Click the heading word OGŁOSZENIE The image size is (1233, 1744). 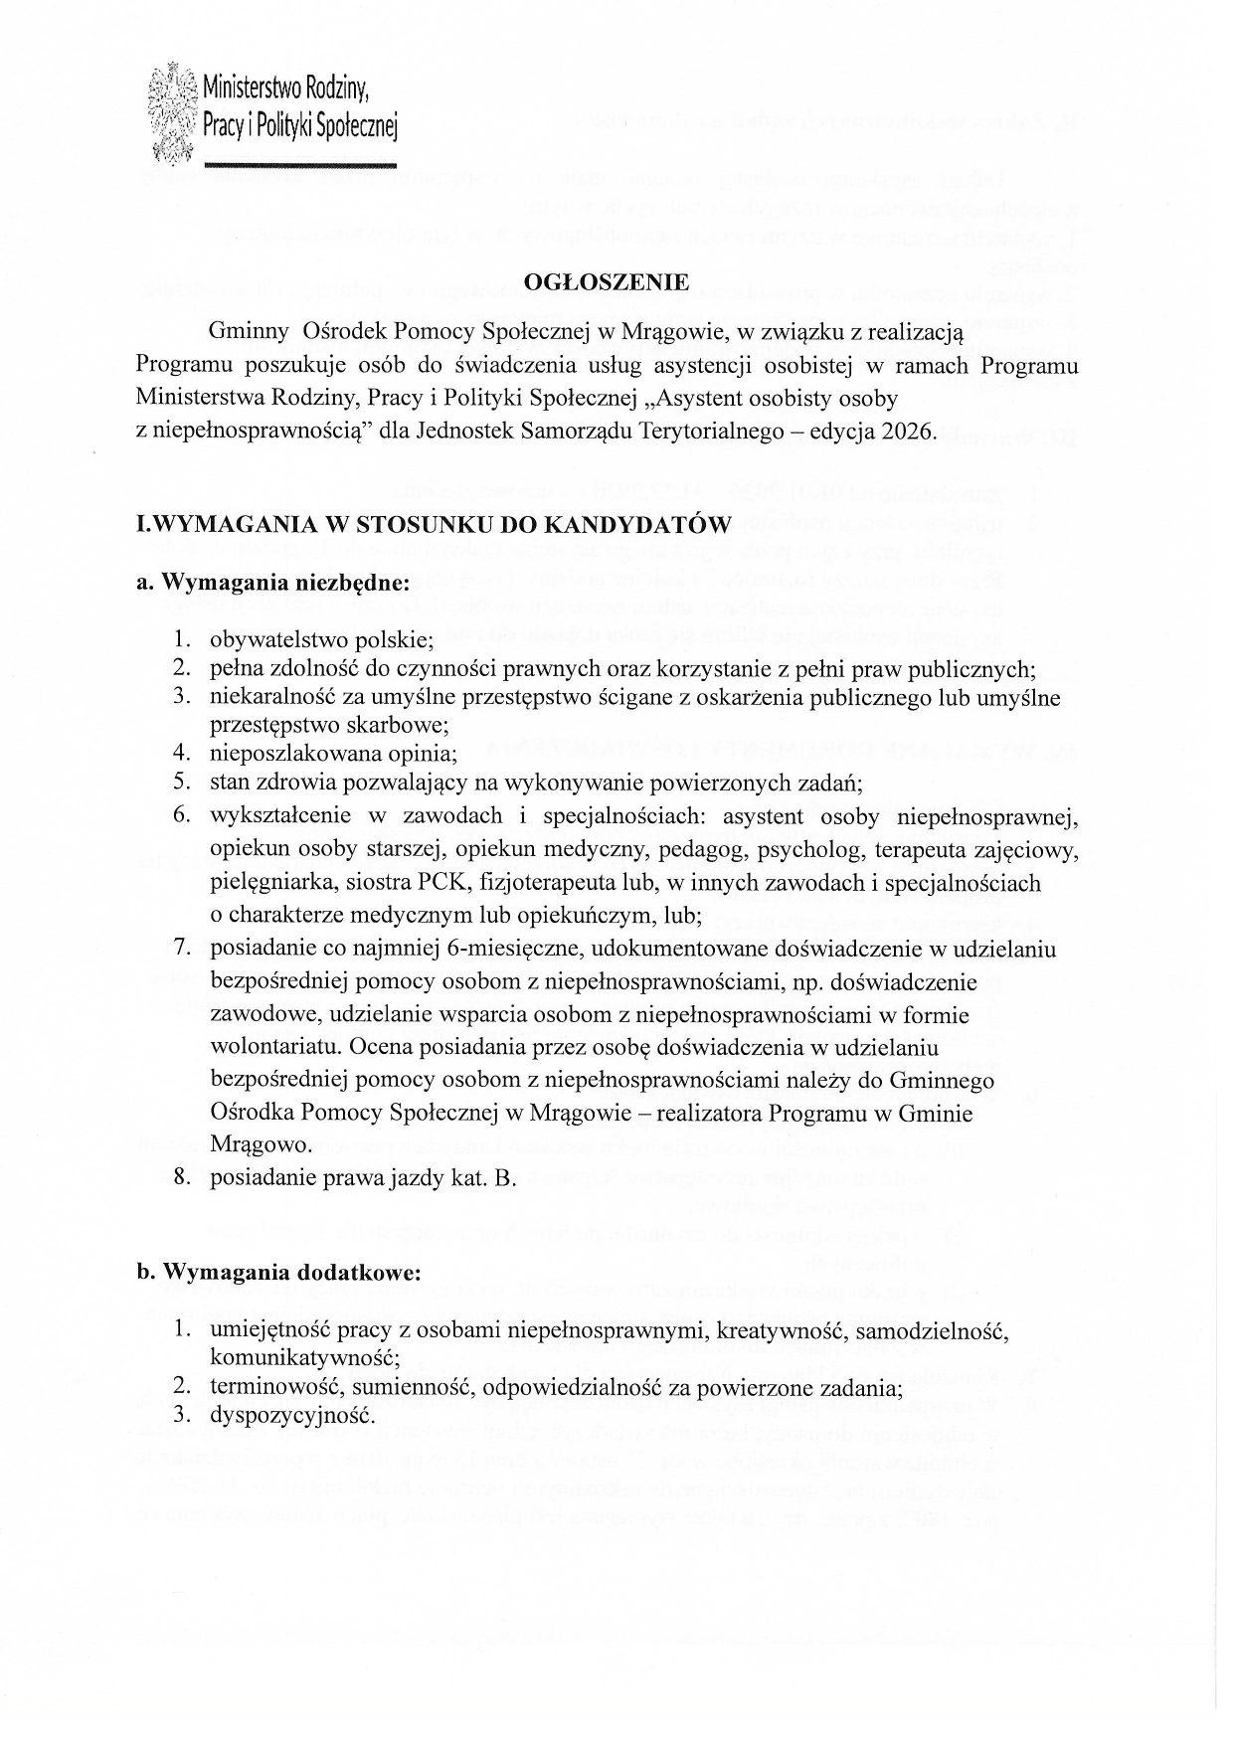pyautogui.click(x=607, y=282)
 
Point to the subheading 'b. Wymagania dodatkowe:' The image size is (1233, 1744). pyautogui.click(x=278, y=1273)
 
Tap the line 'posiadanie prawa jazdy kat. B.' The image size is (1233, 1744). pyautogui.click(x=363, y=1178)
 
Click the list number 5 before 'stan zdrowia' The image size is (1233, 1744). pyautogui.click(x=181, y=783)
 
